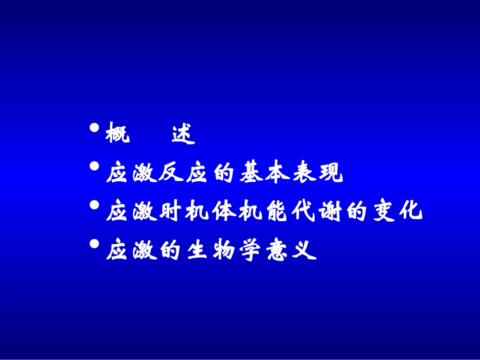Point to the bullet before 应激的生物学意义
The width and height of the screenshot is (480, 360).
click(94, 244)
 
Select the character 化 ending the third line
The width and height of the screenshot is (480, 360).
click(410, 213)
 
